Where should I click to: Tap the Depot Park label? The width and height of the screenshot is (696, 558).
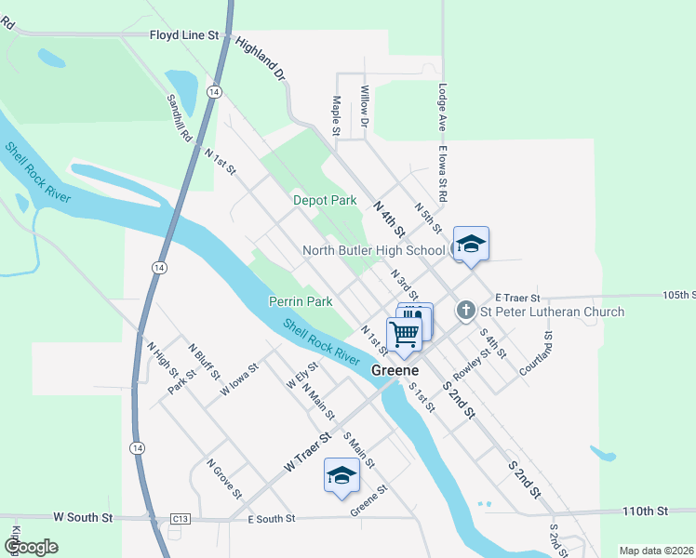[x=325, y=200]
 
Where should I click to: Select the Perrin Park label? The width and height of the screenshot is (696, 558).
[x=301, y=301]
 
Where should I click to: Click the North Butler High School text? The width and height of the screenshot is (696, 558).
[x=374, y=250]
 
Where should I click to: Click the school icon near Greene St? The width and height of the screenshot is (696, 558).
[x=341, y=475]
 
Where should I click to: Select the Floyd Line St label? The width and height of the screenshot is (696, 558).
[x=183, y=35]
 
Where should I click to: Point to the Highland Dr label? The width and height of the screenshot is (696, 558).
[x=260, y=58]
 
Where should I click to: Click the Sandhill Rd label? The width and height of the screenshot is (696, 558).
[x=179, y=116]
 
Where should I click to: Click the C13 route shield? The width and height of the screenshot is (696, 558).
[x=181, y=518]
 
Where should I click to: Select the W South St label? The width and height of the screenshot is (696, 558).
[x=83, y=516]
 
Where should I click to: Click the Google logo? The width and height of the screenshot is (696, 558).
[x=31, y=547]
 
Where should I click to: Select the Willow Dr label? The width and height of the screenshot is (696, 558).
[x=365, y=99]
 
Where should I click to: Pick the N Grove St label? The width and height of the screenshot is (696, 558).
[x=224, y=477]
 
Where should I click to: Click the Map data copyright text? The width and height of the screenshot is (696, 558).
[x=655, y=551]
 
